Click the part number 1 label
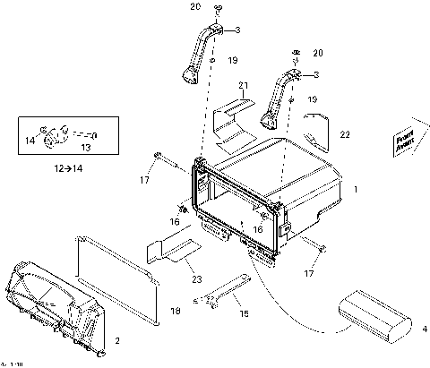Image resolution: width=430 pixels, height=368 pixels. point(356,191)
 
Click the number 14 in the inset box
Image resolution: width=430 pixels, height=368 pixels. point(30,141)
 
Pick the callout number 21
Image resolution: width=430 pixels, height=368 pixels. point(242,85)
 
